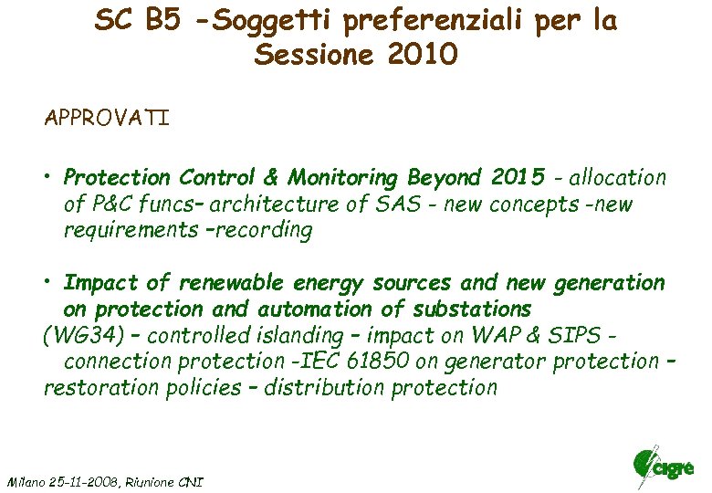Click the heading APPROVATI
click(107, 120)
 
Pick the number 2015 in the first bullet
click(518, 177)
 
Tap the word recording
click(266, 230)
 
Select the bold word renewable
click(235, 283)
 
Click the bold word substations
click(463, 309)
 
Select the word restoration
click(102, 387)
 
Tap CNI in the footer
click(193, 481)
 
